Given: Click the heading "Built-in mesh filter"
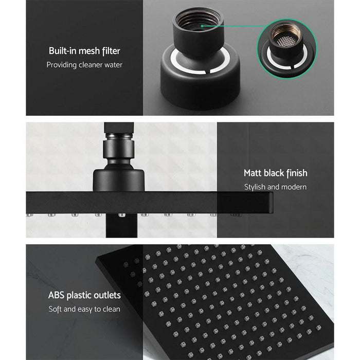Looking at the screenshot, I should click(x=84, y=51).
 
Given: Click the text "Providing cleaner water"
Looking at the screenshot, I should click(x=84, y=65).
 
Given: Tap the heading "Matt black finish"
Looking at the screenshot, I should click(x=275, y=173).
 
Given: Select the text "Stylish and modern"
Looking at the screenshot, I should click(x=275, y=187).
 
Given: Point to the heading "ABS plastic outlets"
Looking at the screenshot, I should click(x=84, y=295).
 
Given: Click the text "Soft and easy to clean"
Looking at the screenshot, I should click(x=84, y=309).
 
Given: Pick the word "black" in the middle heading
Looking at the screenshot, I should click(x=277, y=173).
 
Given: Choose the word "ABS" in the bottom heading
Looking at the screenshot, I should click(x=57, y=295).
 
